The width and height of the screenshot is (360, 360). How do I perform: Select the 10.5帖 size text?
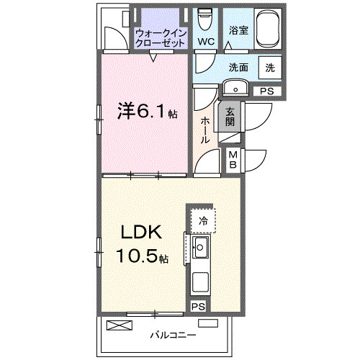(143, 257)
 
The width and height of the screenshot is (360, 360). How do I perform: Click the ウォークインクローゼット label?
(162, 37)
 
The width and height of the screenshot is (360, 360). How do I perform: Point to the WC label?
(206, 42)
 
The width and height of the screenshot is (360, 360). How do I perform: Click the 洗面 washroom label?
(238, 67)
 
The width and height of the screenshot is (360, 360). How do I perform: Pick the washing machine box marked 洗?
(269, 67)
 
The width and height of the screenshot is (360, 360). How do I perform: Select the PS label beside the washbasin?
(267, 91)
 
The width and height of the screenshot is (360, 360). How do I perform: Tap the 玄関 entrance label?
(230, 117)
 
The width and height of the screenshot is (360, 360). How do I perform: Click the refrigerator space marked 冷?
(203, 220)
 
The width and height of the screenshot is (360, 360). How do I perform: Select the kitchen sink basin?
(200, 249)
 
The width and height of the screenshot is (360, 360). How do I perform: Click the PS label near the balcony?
(199, 306)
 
